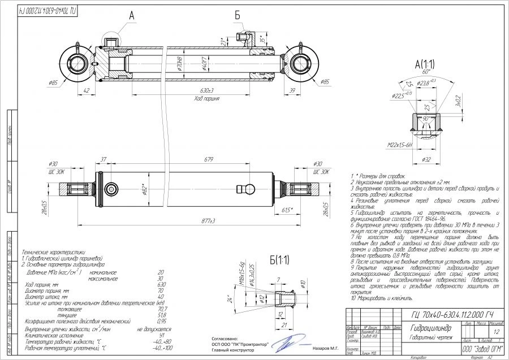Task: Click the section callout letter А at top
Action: [132, 17]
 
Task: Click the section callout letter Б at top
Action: [238, 16]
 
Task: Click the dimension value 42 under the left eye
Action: [87, 90]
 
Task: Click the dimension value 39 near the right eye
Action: [292, 90]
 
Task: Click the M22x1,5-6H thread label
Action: [402, 145]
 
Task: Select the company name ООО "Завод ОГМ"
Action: [475, 350]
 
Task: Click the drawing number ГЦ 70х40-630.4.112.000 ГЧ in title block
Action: [450, 314]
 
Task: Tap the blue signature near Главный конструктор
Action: [291, 342]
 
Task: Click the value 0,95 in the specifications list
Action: [162, 322]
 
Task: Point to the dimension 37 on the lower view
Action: [103, 159]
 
